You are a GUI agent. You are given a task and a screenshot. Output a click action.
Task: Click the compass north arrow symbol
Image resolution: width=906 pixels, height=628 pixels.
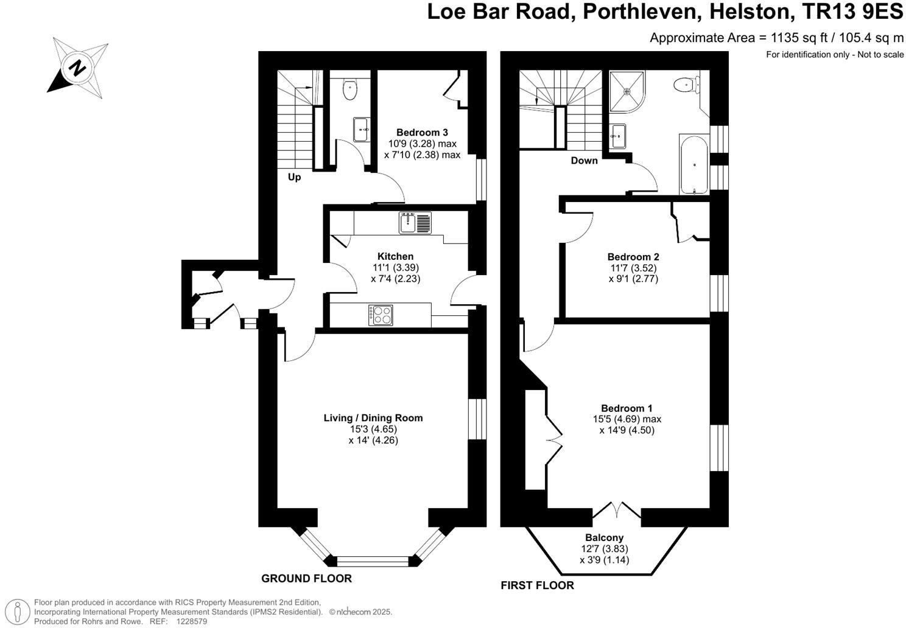pyautogui.click(x=77, y=67)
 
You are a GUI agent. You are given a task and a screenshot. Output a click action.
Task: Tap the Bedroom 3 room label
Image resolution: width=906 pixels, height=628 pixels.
pyautogui.click(x=422, y=133)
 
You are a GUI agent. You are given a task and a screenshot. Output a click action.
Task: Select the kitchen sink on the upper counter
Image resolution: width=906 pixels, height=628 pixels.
pyautogui.click(x=415, y=223)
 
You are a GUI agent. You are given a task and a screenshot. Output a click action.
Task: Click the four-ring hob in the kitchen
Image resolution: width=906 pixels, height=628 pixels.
pyautogui.click(x=381, y=315)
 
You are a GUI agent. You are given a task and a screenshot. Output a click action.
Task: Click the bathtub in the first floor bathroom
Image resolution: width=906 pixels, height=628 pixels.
pyautogui.click(x=694, y=164)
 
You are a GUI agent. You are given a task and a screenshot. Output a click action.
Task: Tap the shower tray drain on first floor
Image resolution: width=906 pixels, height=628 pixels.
pyautogui.click(x=627, y=91)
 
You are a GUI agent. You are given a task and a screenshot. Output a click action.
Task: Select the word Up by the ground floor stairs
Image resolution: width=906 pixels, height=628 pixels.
pyautogui.click(x=294, y=178)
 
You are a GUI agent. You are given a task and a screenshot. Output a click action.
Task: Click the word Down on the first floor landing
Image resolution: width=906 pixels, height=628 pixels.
pyautogui.click(x=584, y=161)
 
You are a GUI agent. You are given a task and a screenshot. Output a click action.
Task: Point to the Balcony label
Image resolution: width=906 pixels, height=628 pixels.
pyautogui.click(x=604, y=537)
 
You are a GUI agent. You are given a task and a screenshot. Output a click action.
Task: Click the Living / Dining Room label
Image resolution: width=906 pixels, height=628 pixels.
pyautogui.click(x=373, y=418)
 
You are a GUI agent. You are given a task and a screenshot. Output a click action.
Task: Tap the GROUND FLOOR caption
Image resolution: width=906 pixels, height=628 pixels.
pyautogui.click(x=306, y=578)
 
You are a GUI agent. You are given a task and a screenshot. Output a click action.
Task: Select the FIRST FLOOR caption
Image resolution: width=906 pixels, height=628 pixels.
pyautogui.click(x=537, y=585)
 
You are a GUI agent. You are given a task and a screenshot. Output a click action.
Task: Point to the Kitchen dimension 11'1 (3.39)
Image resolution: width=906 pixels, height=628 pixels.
pyautogui.click(x=395, y=268)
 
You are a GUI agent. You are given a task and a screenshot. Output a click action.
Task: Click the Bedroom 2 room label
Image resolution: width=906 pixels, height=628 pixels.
pyautogui.click(x=633, y=257)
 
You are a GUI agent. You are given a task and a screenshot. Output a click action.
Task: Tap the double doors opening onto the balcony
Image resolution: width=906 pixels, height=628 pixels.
pyautogui.click(x=617, y=510)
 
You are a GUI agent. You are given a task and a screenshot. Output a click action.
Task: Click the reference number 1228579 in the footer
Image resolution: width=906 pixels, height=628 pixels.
pyautogui.click(x=192, y=621)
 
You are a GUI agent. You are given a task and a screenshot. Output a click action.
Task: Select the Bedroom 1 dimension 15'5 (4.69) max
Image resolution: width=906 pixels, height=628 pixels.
pyautogui.click(x=627, y=419)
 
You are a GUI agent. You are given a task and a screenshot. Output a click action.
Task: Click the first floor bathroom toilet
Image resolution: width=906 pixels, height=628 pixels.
pyautogui.click(x=687, y=85)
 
